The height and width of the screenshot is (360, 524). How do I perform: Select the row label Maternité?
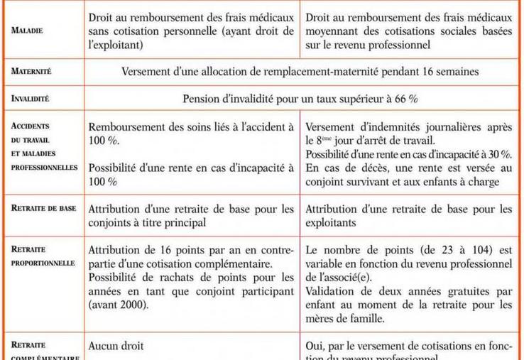(32, 71)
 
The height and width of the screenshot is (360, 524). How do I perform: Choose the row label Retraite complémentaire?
(43, 353)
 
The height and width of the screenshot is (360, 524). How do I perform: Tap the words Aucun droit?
(116, 346)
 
